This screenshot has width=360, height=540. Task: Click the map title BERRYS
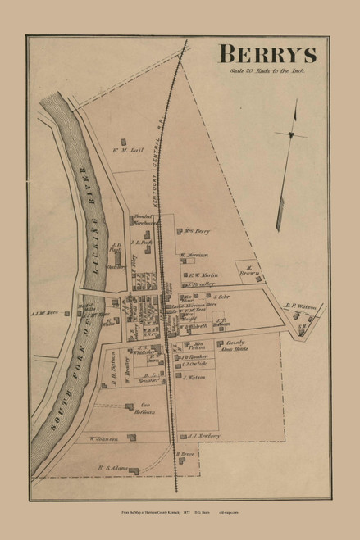pyautogui.click(x=269, y=55)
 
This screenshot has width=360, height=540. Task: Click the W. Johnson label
pyautogui.click(x=103, y=439)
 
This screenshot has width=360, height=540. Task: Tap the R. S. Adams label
pyautogui.click(x=109, y=470)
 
